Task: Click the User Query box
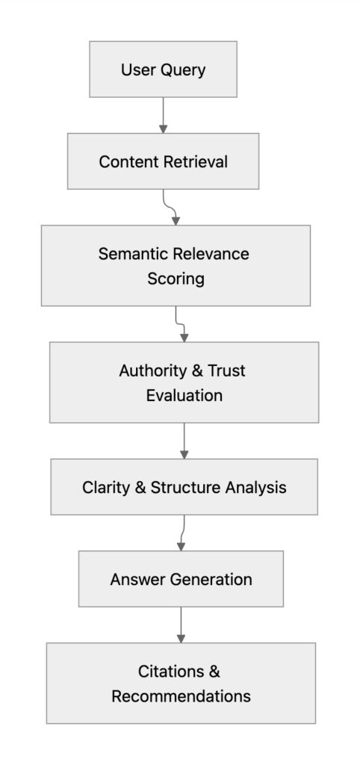tap(163, 69)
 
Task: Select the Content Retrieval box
tap(163, 161)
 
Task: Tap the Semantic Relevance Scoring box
tap(176, 265)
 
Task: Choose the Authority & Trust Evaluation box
tap(184, 382)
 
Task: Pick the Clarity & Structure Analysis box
tap(184, 487)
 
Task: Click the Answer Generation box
tap(181, 579)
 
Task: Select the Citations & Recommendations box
tap(181, 684)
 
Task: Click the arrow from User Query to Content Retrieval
tap(163, 115)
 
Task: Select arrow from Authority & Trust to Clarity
tap(184, 441)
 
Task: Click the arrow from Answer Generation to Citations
tap(181, 625)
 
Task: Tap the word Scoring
tap(176, 279)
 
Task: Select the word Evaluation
tap(184, 395)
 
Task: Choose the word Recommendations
tap(181, 696)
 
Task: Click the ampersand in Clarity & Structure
tap(140, 488)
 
